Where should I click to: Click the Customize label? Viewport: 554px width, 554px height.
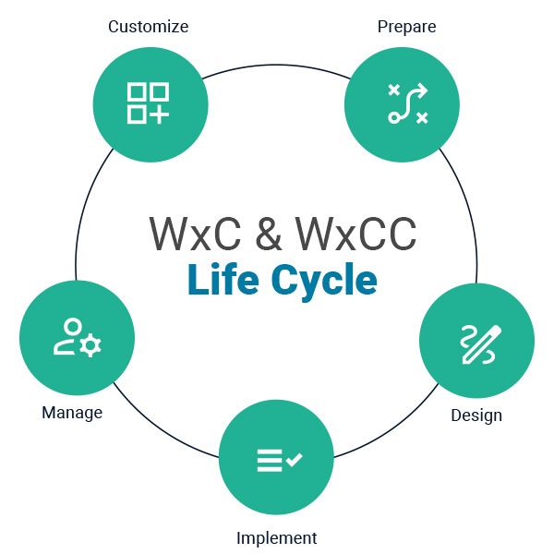pyautogui.click(x=148, y=27)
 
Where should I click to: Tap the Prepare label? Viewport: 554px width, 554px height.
pyautogui.click(x=406, y=27)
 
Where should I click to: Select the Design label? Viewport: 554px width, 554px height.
pyautogui.click(x=476, y=415)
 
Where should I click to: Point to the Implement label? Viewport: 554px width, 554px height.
pyautogui.click(x=276, y=537)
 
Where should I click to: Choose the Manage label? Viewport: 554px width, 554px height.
pyautogui.click(x=72, y=412)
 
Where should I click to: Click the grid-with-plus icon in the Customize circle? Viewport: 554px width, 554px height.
pyautogui.click(x=148, y=103)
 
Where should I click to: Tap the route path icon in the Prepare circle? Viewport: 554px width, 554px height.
pyautogui.click(x=406, y=103)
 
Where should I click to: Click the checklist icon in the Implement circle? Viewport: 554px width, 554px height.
pyautogui.click(x=278, y=459)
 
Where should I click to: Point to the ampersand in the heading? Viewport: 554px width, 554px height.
pyautogui.click(x=269, y=235)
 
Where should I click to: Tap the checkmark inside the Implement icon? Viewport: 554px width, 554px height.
pyautogui.click(x=295, y=458)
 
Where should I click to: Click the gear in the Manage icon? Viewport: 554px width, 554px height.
pyautogui.click(x=90, y=345)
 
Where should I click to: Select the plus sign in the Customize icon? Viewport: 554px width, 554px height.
pyautogui.click(x=160, y=114)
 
